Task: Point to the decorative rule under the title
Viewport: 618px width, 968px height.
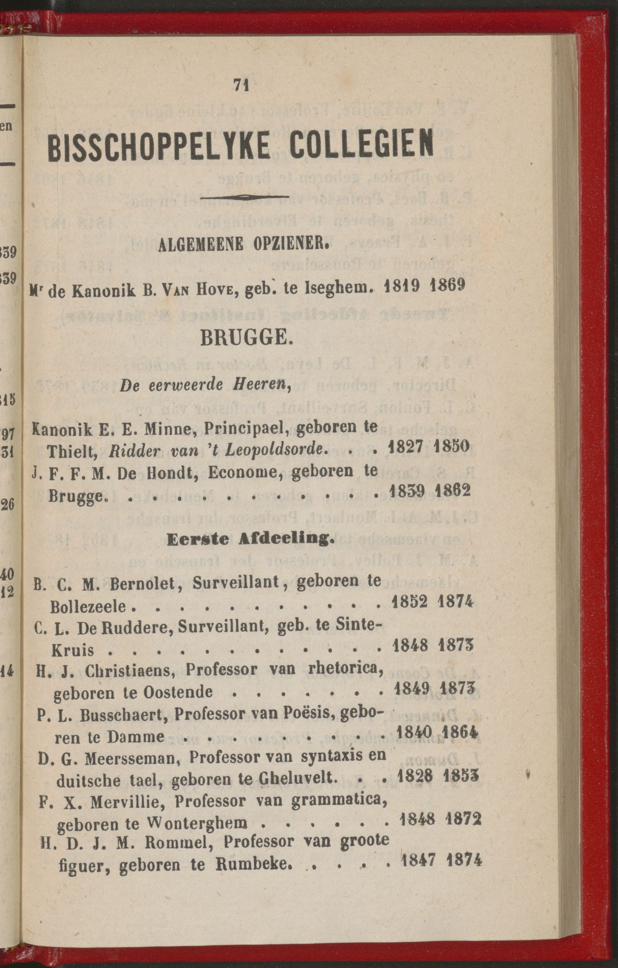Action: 248,197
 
